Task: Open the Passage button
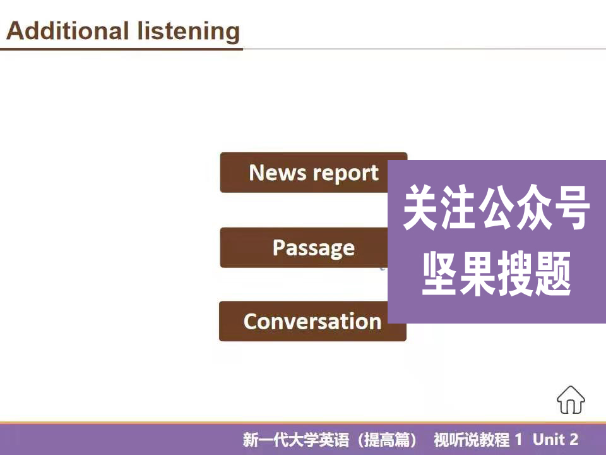[313, 248]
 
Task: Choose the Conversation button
[312, 321]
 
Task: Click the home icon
[571, 399]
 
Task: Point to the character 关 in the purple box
[421, 208]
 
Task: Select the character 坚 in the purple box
[440, 274]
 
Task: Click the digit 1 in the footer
[519, 440]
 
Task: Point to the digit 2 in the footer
[574, 440]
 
